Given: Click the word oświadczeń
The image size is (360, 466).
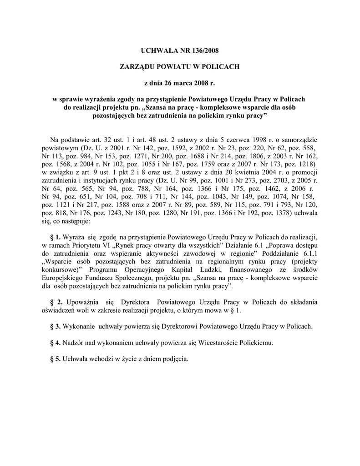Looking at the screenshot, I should coord(59,310).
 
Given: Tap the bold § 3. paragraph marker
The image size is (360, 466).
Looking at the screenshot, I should coord(55,327).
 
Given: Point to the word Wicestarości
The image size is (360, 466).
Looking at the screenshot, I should coord(222,343).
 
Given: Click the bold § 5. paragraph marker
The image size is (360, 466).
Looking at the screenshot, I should coord(55,359).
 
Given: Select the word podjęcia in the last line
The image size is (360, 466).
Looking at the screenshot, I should coord(174,359).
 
